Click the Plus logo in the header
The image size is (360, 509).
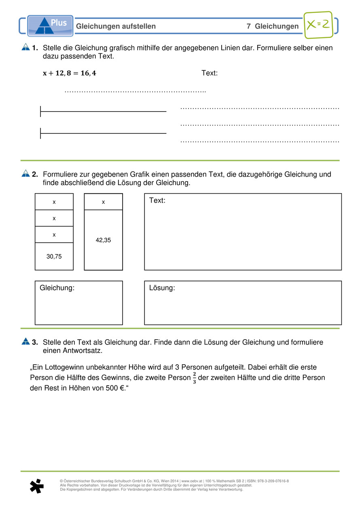pos(51,26)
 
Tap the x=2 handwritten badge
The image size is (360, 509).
pos(318,25)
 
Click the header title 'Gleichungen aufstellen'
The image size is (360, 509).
pos(116,26)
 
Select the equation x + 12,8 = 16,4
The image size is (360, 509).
pos(70,73)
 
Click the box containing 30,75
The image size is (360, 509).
pos(54,256)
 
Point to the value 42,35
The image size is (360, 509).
pos(103,240)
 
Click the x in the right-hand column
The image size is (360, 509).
pos(103,202)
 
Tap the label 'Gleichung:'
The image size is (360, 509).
pos(57,288)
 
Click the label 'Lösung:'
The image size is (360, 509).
pos(162,288)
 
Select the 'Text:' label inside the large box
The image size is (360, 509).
pos(157,201)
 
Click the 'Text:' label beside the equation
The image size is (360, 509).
pos(210,73)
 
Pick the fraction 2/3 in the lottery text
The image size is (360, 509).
pos(194,378)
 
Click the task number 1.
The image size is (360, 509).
pos(35,48)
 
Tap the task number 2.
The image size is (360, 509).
pos(35,175)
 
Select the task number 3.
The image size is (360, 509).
pos(35,342)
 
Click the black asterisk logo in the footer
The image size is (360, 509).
pos(36,486)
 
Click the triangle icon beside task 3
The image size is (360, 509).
pos(25,342)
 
